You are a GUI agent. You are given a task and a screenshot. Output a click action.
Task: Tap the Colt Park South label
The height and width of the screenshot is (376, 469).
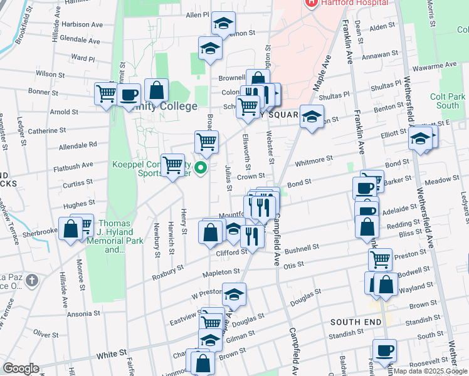click(448, 101)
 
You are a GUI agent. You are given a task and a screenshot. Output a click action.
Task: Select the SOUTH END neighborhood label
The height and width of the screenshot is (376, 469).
click(356, 321)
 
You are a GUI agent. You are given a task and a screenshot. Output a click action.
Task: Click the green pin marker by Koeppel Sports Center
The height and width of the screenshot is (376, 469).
click(201, 168)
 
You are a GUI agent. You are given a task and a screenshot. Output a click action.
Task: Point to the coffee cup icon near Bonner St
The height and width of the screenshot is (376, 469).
click(129, 95)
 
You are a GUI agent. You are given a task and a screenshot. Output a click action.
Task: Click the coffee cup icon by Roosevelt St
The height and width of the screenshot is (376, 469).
click(384, 350)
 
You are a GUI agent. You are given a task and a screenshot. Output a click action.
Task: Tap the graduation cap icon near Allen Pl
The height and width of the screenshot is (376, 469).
click(223, 24)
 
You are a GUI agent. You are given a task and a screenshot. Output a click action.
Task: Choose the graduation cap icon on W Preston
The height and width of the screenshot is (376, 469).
click(234, 295)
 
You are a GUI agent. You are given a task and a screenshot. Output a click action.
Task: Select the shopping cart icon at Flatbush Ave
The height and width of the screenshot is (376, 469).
click(172, 165)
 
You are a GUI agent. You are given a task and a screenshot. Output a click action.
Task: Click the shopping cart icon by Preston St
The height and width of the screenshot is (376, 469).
click(380, 259)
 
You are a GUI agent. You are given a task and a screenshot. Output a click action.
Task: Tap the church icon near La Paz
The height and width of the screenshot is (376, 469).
click(33, 281)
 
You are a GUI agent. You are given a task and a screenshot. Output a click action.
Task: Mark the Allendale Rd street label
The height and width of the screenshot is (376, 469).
click(78, 145)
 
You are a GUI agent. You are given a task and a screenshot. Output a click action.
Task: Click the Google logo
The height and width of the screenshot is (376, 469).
click(21, 368)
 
